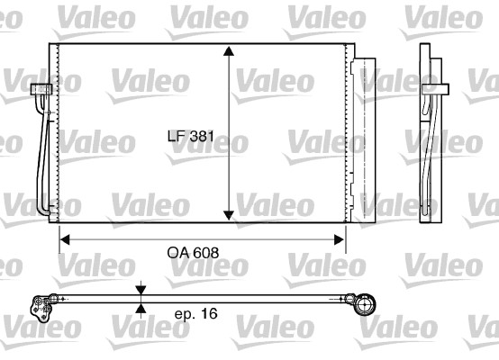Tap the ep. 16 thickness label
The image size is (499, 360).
(194, 315)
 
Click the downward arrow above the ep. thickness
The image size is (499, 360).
(141, 289)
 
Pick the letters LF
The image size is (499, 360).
(177, 139)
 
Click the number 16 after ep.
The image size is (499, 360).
(210, 315)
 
